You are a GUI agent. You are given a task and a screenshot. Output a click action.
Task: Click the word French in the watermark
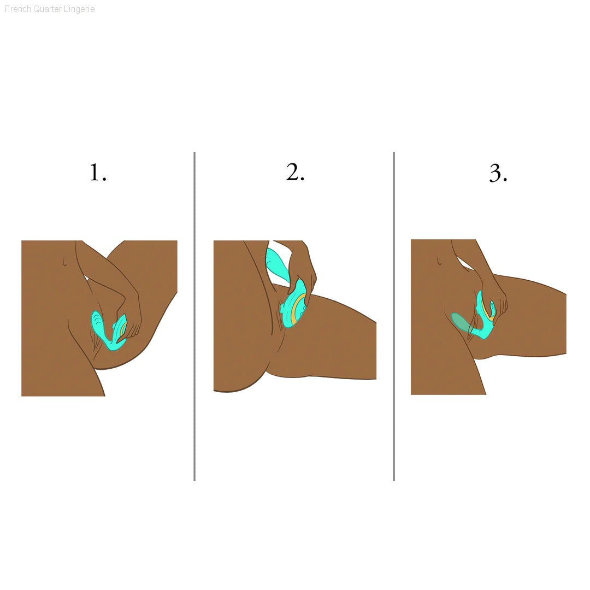(17, 9)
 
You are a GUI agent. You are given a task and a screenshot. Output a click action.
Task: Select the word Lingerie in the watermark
(79, 9)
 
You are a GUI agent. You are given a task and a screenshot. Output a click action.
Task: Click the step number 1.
(98, 173)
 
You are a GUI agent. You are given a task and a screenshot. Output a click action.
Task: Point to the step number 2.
(295, 172)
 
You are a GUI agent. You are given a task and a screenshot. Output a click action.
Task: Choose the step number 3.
(498, 173)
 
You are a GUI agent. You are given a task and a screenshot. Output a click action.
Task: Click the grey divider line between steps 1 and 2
(194, 316)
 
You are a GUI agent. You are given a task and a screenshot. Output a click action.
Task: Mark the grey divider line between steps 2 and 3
(393, 316)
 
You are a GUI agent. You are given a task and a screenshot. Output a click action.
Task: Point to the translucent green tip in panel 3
(461, 323)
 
